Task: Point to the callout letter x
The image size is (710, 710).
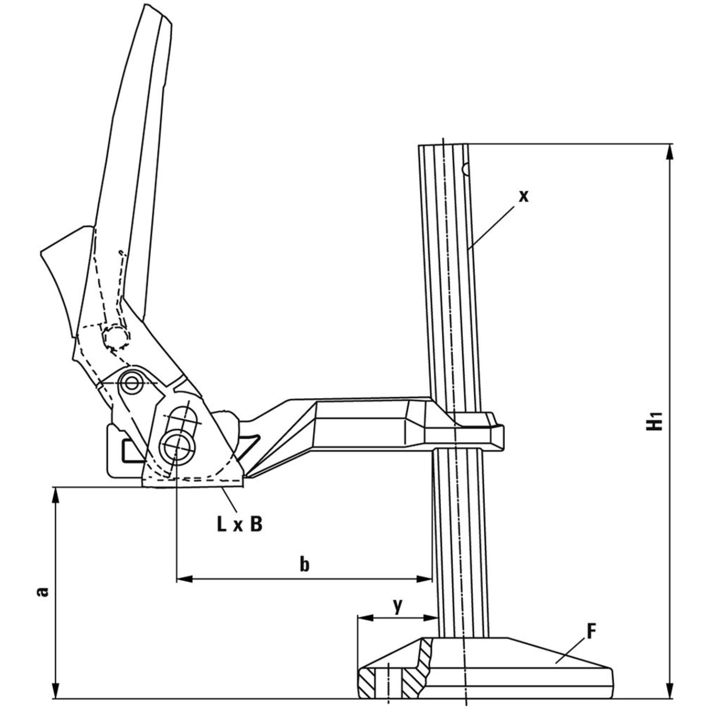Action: click(523, 197)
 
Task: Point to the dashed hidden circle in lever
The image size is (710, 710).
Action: click(116, 337)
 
